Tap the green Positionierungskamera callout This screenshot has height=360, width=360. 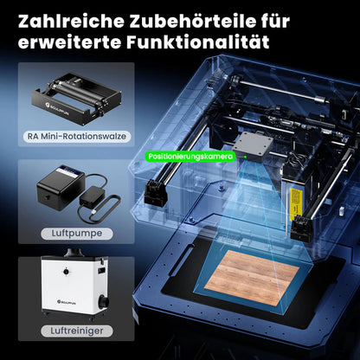190,157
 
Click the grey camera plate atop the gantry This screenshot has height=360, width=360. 254,142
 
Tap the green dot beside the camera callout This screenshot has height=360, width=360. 243,157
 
